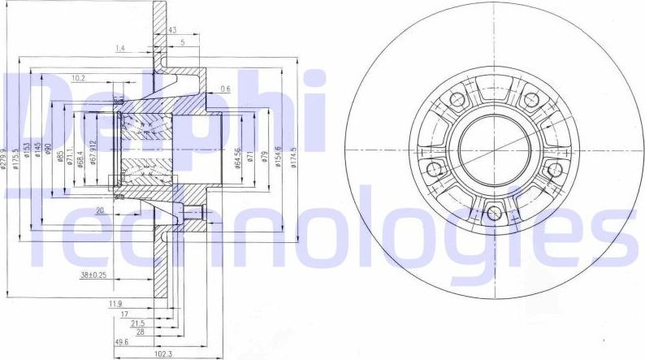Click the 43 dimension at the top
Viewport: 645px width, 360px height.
pyautogui.click(x=171, y=30)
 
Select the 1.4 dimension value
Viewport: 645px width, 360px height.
pyautogui.click(x=121, y=50)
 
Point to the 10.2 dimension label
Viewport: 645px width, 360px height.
pyautogui.click(x=79, y=78)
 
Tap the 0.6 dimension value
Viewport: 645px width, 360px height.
pyautogui.click(x=225, y=89)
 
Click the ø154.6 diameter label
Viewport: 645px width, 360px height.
pyautogui.click(x=279, y=152)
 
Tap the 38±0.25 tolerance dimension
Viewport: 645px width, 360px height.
pyautogui.click(x=94, y=275)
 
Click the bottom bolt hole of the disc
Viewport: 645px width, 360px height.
pyautogui.click(x=495, y=215)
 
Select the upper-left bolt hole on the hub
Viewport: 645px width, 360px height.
pyautogui.click(x=457, y=100)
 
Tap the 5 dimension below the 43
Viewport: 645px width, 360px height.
pyautogui.click(x=184, y=42)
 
